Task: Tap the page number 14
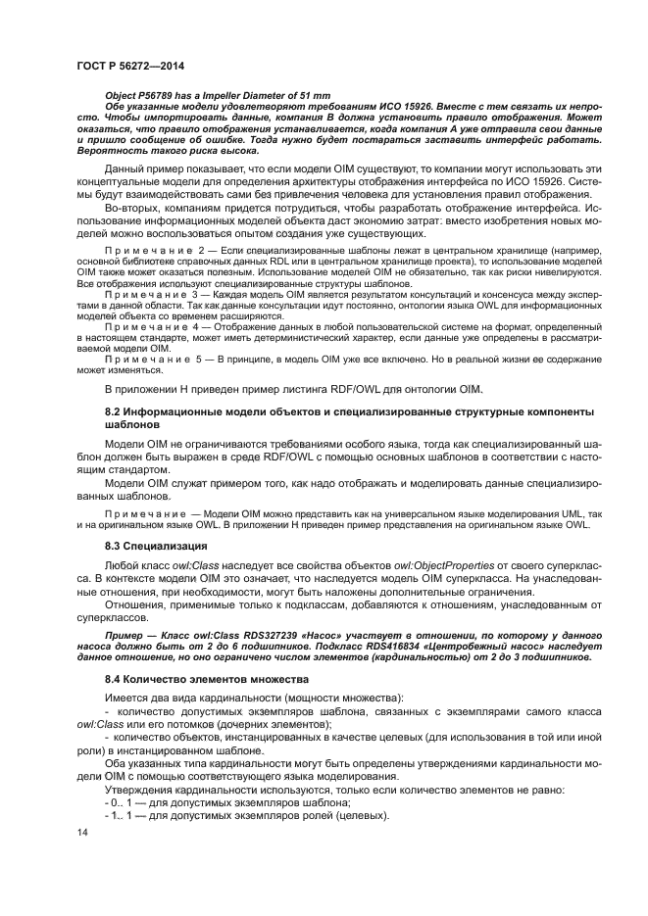point(82,832)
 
